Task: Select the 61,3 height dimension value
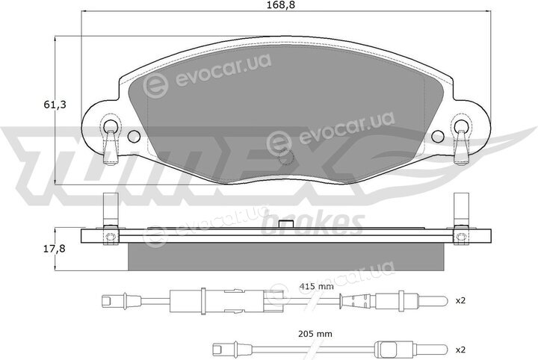click(x=55, y=105)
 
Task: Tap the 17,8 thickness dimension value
click(x=55, y=248)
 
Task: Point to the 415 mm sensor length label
click(x=316, y=286)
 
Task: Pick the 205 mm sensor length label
click(x=315, y=333)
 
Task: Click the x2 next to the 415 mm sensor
click(x=460, y=301)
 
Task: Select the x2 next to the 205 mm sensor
click(x=460, y=350)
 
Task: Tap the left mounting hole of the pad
click(x=134, y=137)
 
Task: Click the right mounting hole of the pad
click(x=437, y=137)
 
